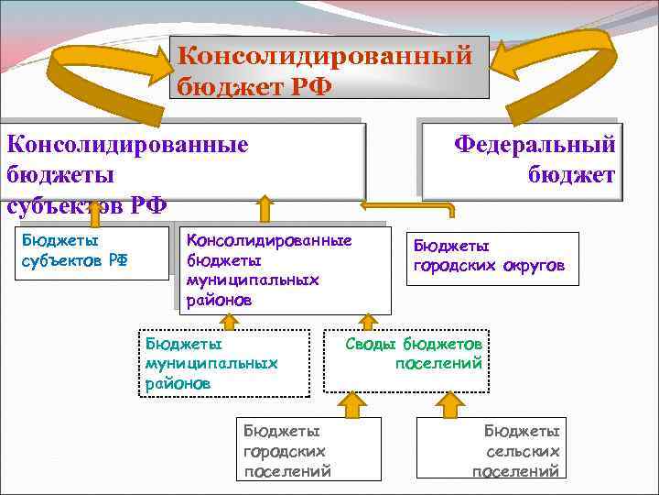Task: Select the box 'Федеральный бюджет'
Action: pyautogui.click(x=522, y=161)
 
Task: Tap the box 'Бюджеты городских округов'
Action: pyautogui.click(x=492, y=258)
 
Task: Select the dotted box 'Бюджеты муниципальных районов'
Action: pyautogui.click(x=223, y=362)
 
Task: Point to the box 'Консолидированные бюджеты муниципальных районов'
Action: pyautogui.click(x=284, y=269)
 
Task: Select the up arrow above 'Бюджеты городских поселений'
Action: pyautogui.click(x=351, y=403)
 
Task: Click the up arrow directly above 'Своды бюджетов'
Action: pyautogui.click(x=368, y=321)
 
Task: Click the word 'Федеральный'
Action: pyautogui.click(x=535, y=145)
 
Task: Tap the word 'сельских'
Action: pyautogui.click(x=523, y=451)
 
